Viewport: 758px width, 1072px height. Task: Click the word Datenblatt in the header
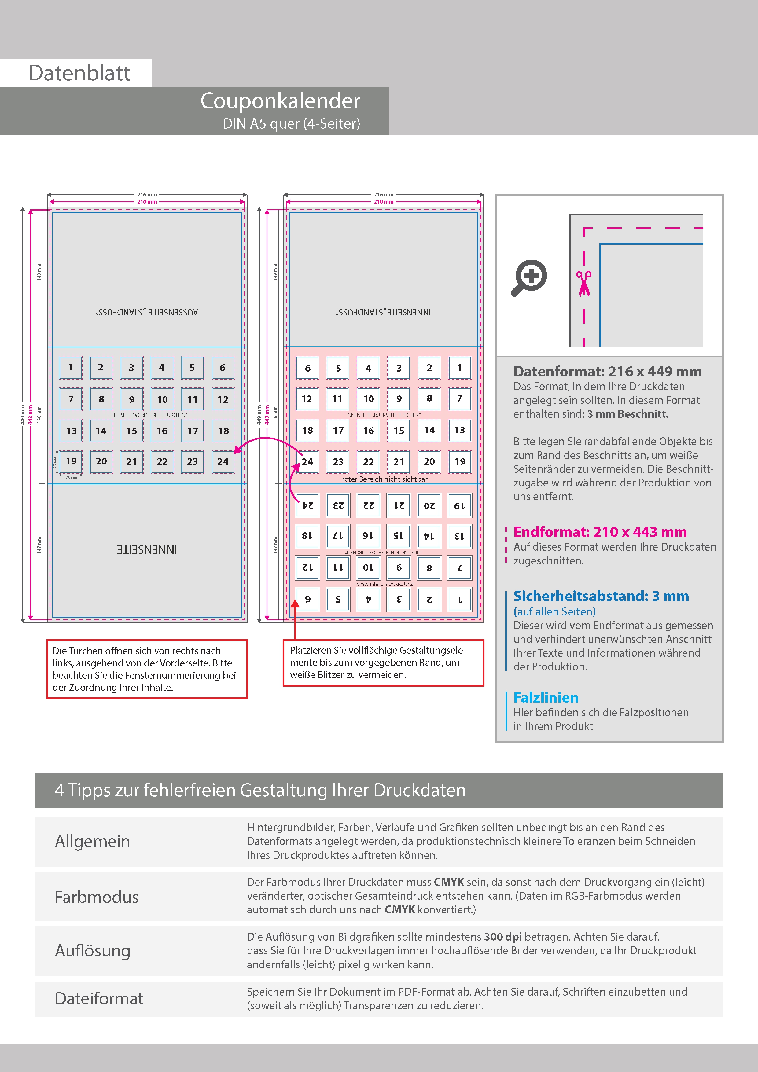point(79,73)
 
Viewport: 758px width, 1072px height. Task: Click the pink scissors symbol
point(583,283)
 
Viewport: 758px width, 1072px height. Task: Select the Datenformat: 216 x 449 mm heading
point(607,372)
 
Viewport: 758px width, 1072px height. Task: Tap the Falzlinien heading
point(546,698)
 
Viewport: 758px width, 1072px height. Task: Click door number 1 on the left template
point(71,367)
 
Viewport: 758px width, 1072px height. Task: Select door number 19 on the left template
point(71,461)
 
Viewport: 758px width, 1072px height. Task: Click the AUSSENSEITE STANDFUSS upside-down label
point(147,312)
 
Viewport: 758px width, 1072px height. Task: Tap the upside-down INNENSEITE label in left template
point(147,549)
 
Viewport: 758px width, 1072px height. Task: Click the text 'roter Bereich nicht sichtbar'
point(385,479)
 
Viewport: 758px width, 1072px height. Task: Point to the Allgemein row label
point(93,841)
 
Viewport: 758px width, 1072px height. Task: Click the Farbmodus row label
point(97,897)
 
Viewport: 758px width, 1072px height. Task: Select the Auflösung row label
point(93,951)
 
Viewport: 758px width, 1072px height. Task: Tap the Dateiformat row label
point(99,999)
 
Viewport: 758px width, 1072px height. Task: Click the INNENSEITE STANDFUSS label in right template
point(383,312)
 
